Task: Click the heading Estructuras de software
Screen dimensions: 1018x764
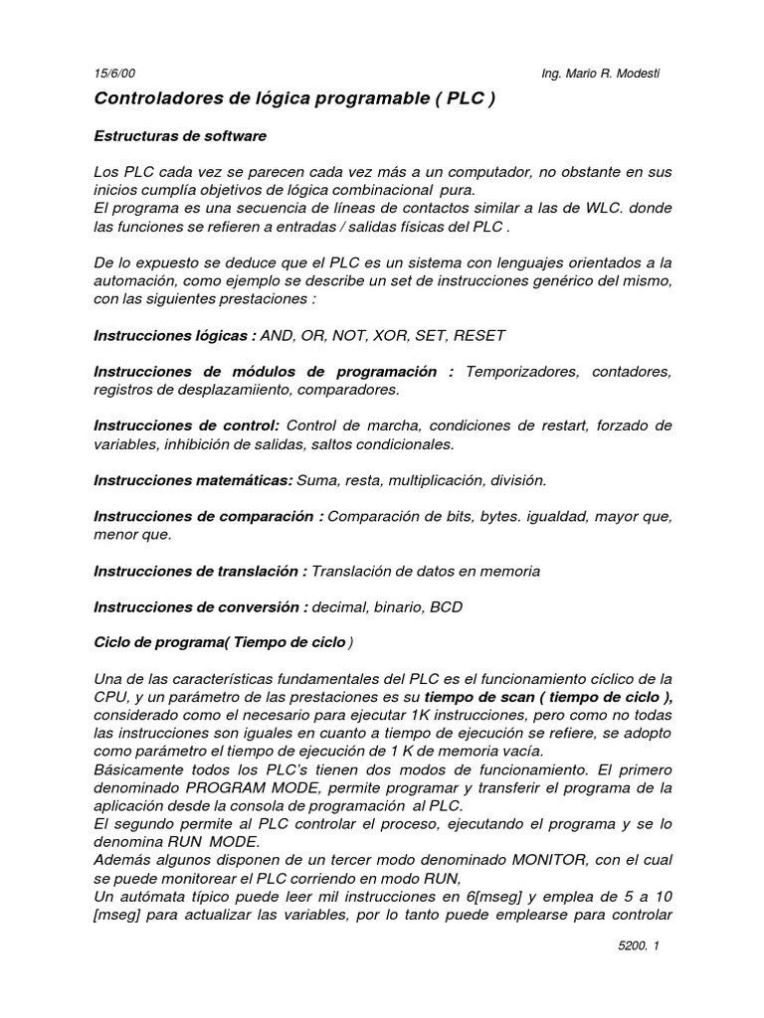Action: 180,135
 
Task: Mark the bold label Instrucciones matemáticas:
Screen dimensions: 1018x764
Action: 193,480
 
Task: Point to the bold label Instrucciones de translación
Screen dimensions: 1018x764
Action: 199,571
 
